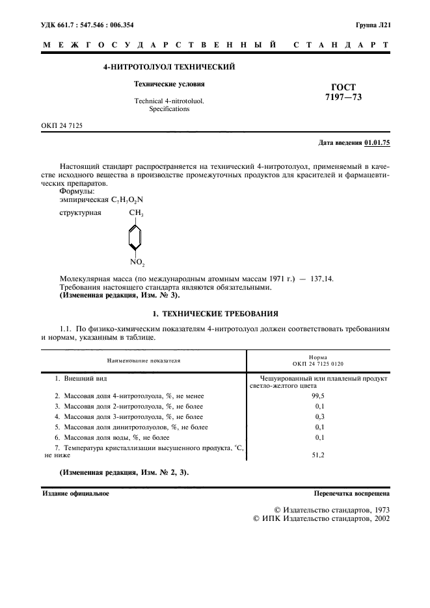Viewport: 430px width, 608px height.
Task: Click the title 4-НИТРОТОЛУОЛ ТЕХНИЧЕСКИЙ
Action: point(169,67)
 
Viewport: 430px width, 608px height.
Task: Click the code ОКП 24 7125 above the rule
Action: point(62,125)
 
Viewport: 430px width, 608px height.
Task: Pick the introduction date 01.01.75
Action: point(377,142)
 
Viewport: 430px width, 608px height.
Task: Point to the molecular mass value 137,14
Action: point(319,278)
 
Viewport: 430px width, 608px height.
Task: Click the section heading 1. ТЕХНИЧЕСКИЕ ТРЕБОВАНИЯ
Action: point(215,313)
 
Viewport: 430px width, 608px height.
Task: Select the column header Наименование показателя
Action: point(144,359)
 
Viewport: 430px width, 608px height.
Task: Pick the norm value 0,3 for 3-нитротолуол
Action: point(319,416)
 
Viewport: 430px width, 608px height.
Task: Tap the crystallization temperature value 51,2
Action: point(319,455)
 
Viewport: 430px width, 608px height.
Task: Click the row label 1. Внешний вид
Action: point(81,378)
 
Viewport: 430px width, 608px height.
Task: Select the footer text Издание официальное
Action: point(75,494)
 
